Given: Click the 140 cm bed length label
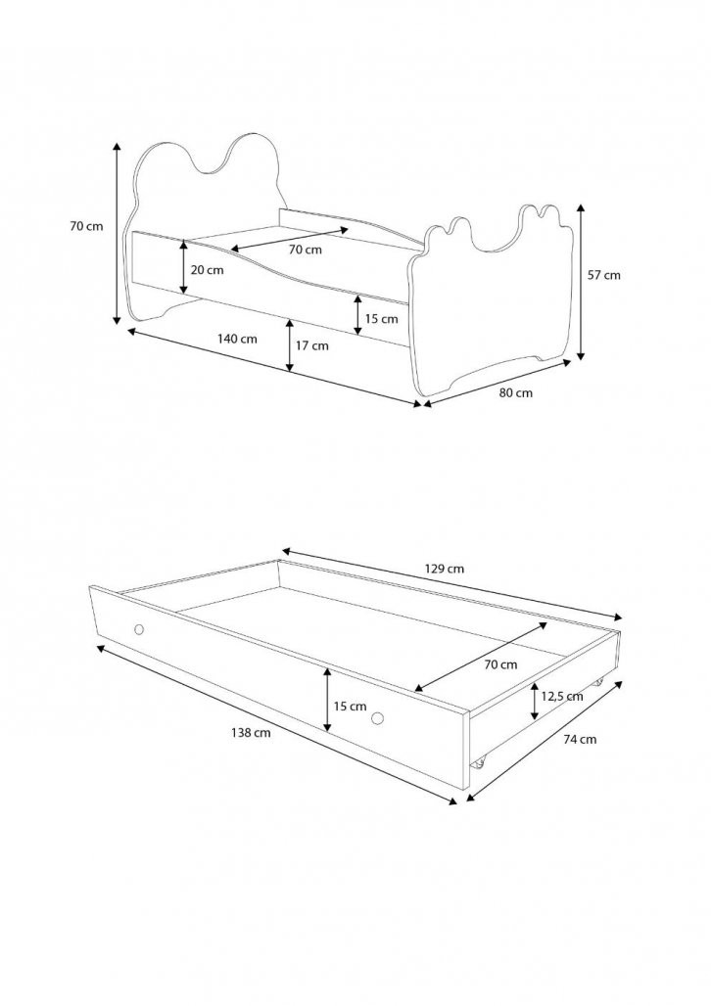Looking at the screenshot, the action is tap(238, 339).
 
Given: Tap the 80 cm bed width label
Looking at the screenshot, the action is tap(516, 392).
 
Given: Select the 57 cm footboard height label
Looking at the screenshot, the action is tap(604, 275).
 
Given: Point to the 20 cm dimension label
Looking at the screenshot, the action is tap(207, 270).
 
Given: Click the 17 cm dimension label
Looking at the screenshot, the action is tap(311, 345).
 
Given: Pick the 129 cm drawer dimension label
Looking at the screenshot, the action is tap(445, 569).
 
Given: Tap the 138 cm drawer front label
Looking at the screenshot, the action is tap(251, 733).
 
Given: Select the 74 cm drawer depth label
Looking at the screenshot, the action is tap(580, 739).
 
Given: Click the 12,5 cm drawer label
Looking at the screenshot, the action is tap(562, 696).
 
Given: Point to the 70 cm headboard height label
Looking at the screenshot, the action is tap(86, 226).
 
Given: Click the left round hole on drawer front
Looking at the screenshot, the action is tap(139, 628).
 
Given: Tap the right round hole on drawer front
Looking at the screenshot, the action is tap(378, 718).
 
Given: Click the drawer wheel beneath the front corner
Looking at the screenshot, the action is tap(478, 763).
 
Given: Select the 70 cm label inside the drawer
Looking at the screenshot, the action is tap(500, 664).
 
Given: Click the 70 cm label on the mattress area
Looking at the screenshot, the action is tap(306, 250).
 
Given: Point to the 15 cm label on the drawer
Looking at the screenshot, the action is tap(350, 707).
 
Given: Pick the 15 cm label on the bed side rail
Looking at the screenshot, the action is tap(382, 319).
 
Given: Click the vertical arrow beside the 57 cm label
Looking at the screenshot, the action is tap(581, 282).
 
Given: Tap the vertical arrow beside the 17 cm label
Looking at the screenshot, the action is tap(290, 345).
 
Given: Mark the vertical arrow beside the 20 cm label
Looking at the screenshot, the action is tap(184, 267).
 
